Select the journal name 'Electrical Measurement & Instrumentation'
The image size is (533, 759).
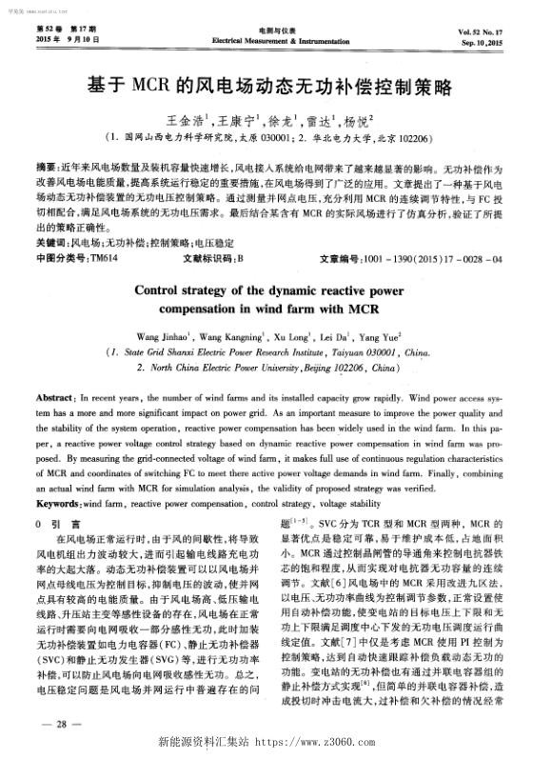[266, 43]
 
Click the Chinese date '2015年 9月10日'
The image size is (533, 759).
[54, 44]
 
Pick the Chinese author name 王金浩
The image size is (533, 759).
[184, 121]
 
